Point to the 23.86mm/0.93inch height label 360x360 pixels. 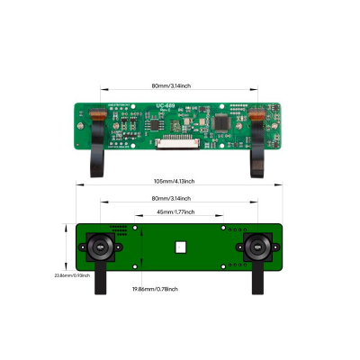(71, 274)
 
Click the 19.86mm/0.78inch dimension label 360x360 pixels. (155, 289)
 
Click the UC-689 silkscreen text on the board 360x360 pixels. (166, 105)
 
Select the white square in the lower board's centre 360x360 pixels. (181, 246)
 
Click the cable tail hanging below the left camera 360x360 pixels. (103, 281)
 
